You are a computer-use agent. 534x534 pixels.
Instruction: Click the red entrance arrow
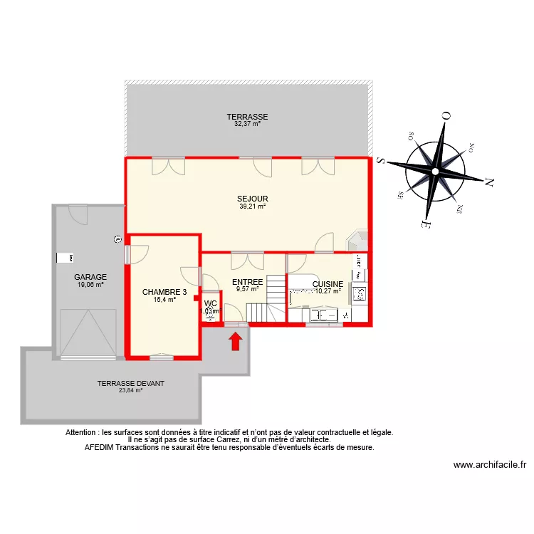coord(236,342)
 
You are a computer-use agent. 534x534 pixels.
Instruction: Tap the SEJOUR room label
coord(252,199)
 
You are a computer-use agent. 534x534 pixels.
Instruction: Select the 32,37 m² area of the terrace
coord(247,123)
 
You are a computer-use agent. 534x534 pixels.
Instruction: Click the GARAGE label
coord(90,277)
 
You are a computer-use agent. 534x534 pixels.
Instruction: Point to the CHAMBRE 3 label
coord(164,292)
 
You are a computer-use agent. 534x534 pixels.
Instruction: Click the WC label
coord(210,303)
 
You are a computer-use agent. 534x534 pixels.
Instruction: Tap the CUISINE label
coord(328,283)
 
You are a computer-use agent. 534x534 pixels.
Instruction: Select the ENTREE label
coord(248,282)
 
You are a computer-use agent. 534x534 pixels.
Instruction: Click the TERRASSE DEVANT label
coord(131,383)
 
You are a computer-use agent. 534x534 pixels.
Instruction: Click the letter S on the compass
coord(381,161)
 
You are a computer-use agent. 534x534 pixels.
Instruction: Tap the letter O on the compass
coord(446,115)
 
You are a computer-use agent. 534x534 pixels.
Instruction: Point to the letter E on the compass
coord(424,225)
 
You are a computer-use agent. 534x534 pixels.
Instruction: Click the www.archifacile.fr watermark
coord(489,465)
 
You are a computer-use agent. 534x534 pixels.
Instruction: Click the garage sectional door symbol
coord(88,333)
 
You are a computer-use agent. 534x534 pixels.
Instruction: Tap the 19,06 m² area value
coord(90,285)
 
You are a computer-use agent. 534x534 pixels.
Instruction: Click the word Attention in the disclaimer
coord(81,432)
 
